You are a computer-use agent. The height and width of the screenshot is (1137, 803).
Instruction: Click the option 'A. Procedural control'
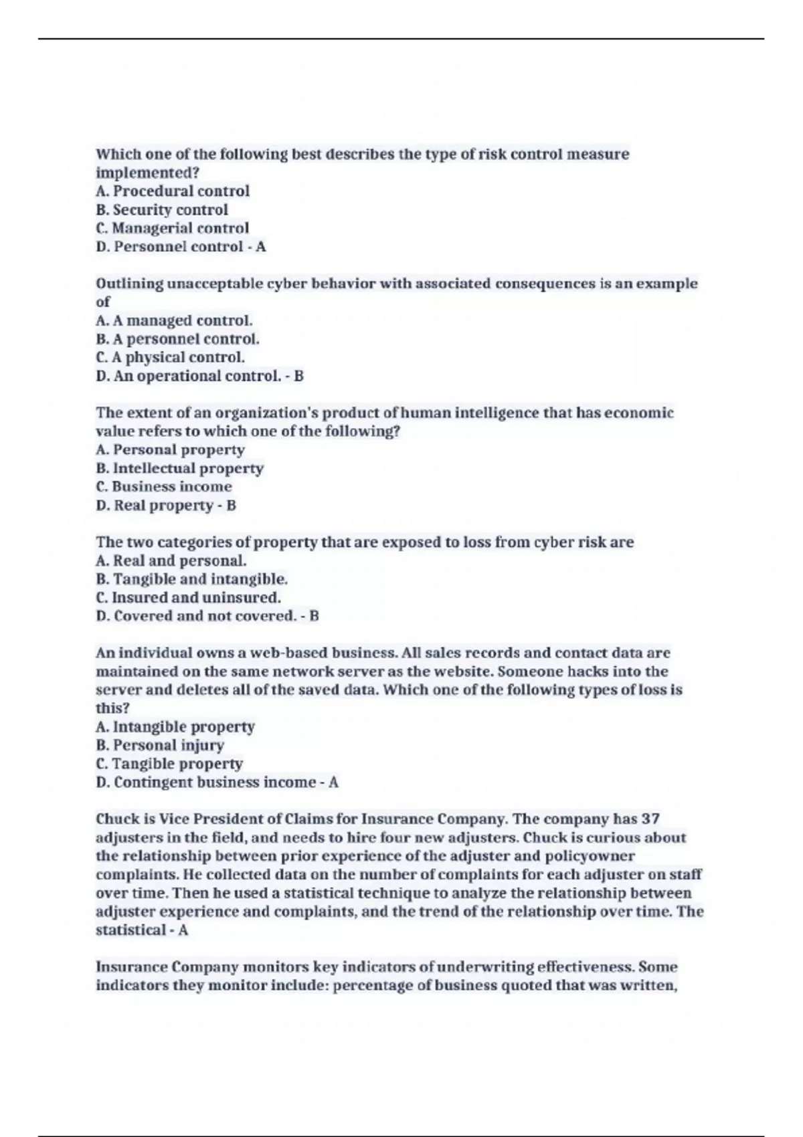pyautogui.click(x=173, y=191)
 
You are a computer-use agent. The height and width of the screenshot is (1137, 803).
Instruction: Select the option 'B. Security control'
pyautogui.click(x=162, y=210)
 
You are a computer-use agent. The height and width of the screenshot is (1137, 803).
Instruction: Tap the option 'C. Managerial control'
pyautogui.click(x=173, y=228)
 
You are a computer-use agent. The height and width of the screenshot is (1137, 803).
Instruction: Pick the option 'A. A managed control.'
pyautogui.click(x=175, y=320)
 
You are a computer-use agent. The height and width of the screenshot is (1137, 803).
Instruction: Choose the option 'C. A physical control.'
pyautogui.click(x=171, y=357)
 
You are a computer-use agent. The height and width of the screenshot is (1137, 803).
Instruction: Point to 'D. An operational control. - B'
pyautogui.click(x=199, y=376)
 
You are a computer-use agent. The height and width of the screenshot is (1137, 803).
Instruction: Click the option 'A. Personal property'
pyautogui.click(x=171, y=449)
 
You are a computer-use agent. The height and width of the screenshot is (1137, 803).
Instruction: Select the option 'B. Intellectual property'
pyautogui.click(x=180, y=468)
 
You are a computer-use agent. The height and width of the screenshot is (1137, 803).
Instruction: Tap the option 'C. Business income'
pyautogui.click(x=164, y=486)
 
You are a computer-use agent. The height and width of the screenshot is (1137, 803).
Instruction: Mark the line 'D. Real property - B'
pyautogui.click(x=166, y=505)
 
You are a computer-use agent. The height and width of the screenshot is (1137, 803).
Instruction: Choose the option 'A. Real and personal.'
pyautogui.click(x=171, y=560)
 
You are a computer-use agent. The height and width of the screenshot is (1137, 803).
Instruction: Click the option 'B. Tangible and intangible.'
pyautogui.click(x=192, y=579)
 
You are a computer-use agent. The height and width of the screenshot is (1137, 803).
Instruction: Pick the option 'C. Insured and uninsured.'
pyautogui.click(x=188, y=597)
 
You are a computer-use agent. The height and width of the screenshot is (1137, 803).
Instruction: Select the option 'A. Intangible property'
pyautogui.click(x=175, y=726)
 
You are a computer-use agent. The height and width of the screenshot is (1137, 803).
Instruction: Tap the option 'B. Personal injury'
pyautogui.click(x=160, y=745)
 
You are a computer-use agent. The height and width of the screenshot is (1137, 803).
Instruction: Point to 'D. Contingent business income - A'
pyautogui.click(x=217, y=782)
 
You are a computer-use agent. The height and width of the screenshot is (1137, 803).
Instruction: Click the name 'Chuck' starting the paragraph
pyautogui.click(x=118, y=819)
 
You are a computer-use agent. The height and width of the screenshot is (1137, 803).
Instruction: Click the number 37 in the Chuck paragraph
pyautogui.click(x=650, y=819)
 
